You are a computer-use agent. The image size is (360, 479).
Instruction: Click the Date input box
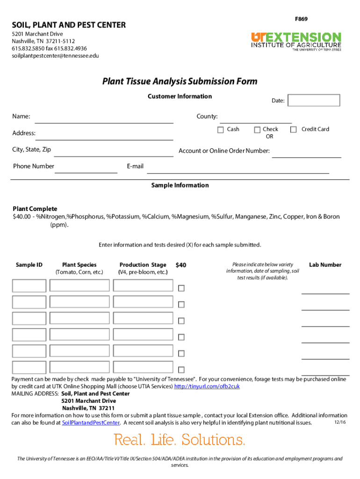(314, 101)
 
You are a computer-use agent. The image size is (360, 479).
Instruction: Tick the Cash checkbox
(221, 130)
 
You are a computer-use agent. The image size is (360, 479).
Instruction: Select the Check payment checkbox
(257, 130)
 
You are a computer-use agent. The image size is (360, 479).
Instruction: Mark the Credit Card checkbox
(294, 130)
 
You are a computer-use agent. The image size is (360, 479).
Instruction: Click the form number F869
(301, 19)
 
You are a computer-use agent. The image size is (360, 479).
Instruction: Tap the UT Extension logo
(296, 41)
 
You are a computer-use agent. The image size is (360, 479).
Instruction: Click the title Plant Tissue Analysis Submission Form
(180, 81)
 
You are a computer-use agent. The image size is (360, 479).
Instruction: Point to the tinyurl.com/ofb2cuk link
(207, 386)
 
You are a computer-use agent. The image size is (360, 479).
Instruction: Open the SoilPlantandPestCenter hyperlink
(91, 423)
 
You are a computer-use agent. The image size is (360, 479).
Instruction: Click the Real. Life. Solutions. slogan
(180, 440)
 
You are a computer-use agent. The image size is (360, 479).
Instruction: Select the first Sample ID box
(29, 286)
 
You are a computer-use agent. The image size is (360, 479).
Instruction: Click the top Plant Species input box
(79, 286)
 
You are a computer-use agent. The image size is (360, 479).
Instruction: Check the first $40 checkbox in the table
(181, 288)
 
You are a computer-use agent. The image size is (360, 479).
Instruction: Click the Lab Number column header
(325, 265)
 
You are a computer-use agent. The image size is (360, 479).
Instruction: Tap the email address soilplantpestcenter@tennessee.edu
(55, 56)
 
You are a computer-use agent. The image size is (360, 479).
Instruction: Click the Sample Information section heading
(180, 185)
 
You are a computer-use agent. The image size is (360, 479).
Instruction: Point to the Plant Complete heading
(35, 209)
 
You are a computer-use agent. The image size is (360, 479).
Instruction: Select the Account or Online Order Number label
(224, 151)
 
